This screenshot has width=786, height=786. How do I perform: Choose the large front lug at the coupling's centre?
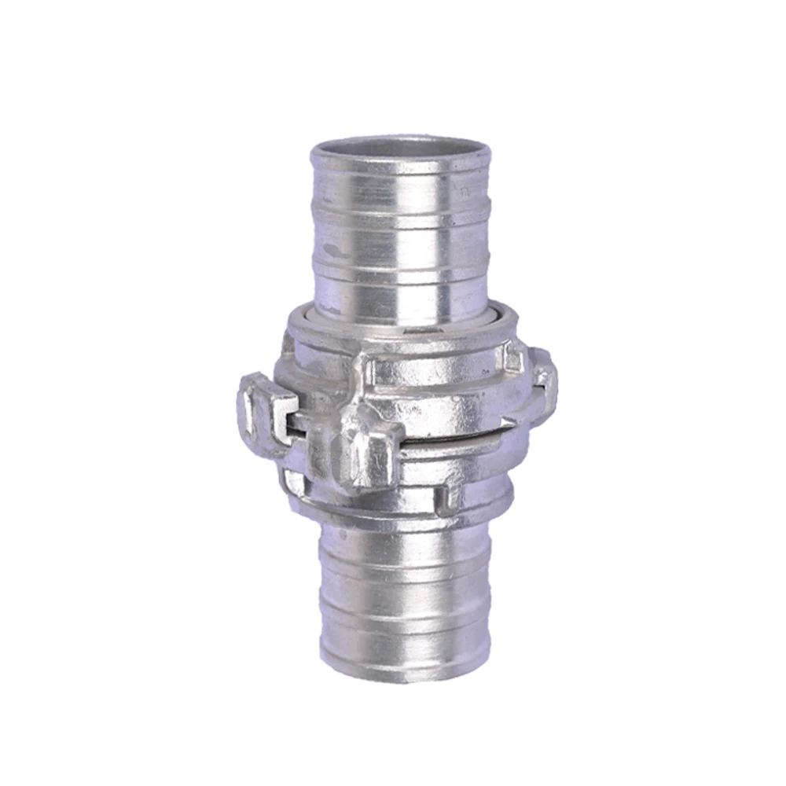[362, 456]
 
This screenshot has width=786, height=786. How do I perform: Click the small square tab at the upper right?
[512, 358]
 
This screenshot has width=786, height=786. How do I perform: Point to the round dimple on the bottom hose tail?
[343, 534]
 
